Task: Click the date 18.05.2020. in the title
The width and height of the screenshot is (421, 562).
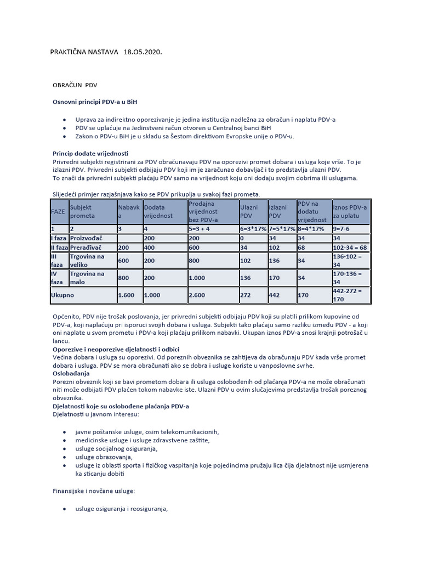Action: click(x=143, y=52)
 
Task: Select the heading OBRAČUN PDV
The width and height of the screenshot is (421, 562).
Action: click(x=75, y=86)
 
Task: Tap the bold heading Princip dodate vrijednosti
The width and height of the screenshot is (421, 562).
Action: click(x=90, y=153)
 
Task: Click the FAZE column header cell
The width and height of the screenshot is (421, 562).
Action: click(x=58, y=211)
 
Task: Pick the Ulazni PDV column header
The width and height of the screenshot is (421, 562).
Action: click(x=252, y=211)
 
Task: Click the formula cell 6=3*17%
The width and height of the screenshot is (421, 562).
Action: click(x=252, y=228)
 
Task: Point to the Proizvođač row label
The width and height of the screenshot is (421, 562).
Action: click(x=87, y=239)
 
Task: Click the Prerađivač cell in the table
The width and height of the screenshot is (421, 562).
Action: click(x=86, y=248)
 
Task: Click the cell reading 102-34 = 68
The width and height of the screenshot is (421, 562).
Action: click(x=350, y=248)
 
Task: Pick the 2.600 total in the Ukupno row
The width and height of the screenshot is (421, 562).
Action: click(x=197, y=295)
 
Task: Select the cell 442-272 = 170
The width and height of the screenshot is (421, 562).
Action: click(x=350, y=295)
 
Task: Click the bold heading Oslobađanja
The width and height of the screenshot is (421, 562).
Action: click(x=71, y=373)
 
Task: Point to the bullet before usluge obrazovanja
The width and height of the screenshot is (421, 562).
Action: click(x=66, y=457)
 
